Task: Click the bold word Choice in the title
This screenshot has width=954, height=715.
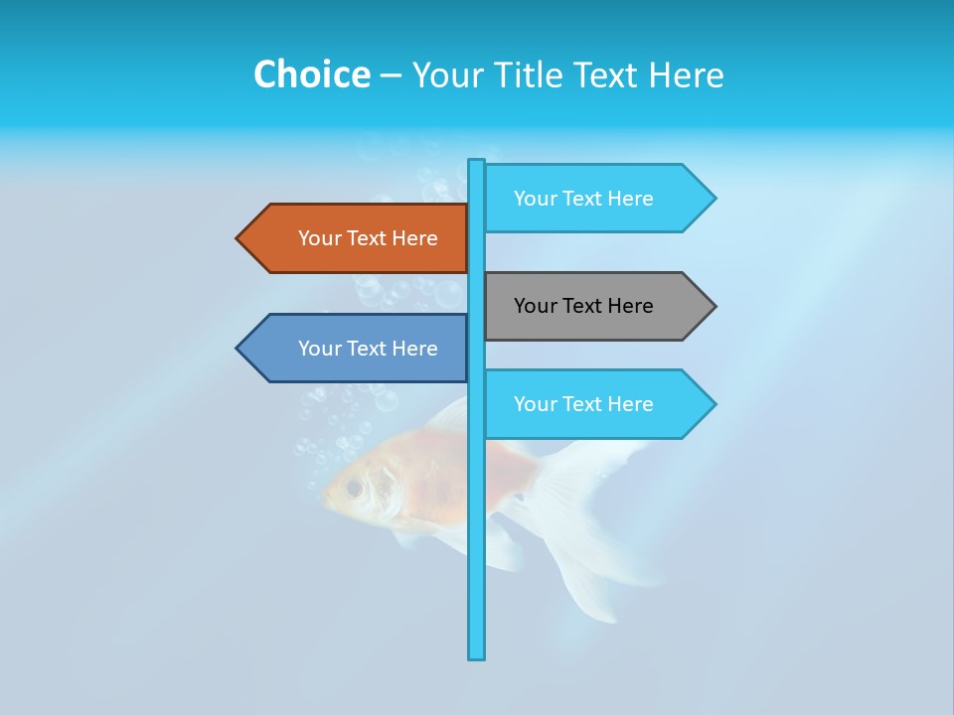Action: pos(311,74)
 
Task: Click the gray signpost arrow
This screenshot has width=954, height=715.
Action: pos(596,306)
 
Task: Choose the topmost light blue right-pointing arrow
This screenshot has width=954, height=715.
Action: pos(596,198)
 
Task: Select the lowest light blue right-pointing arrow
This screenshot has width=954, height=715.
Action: pos(596,404)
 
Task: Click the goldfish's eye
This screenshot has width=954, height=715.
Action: pos(354,488)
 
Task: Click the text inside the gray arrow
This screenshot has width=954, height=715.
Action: pos(583,306)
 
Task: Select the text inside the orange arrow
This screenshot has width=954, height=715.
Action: pos(368,238)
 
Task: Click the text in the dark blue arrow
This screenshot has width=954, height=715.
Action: pos(368,349)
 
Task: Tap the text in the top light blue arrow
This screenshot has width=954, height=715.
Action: pos(583,199)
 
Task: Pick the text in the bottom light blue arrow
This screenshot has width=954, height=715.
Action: pos(583,404)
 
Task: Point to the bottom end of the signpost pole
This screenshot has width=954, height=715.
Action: pos(476,655)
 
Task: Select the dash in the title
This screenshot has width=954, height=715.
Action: pos(391,75)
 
